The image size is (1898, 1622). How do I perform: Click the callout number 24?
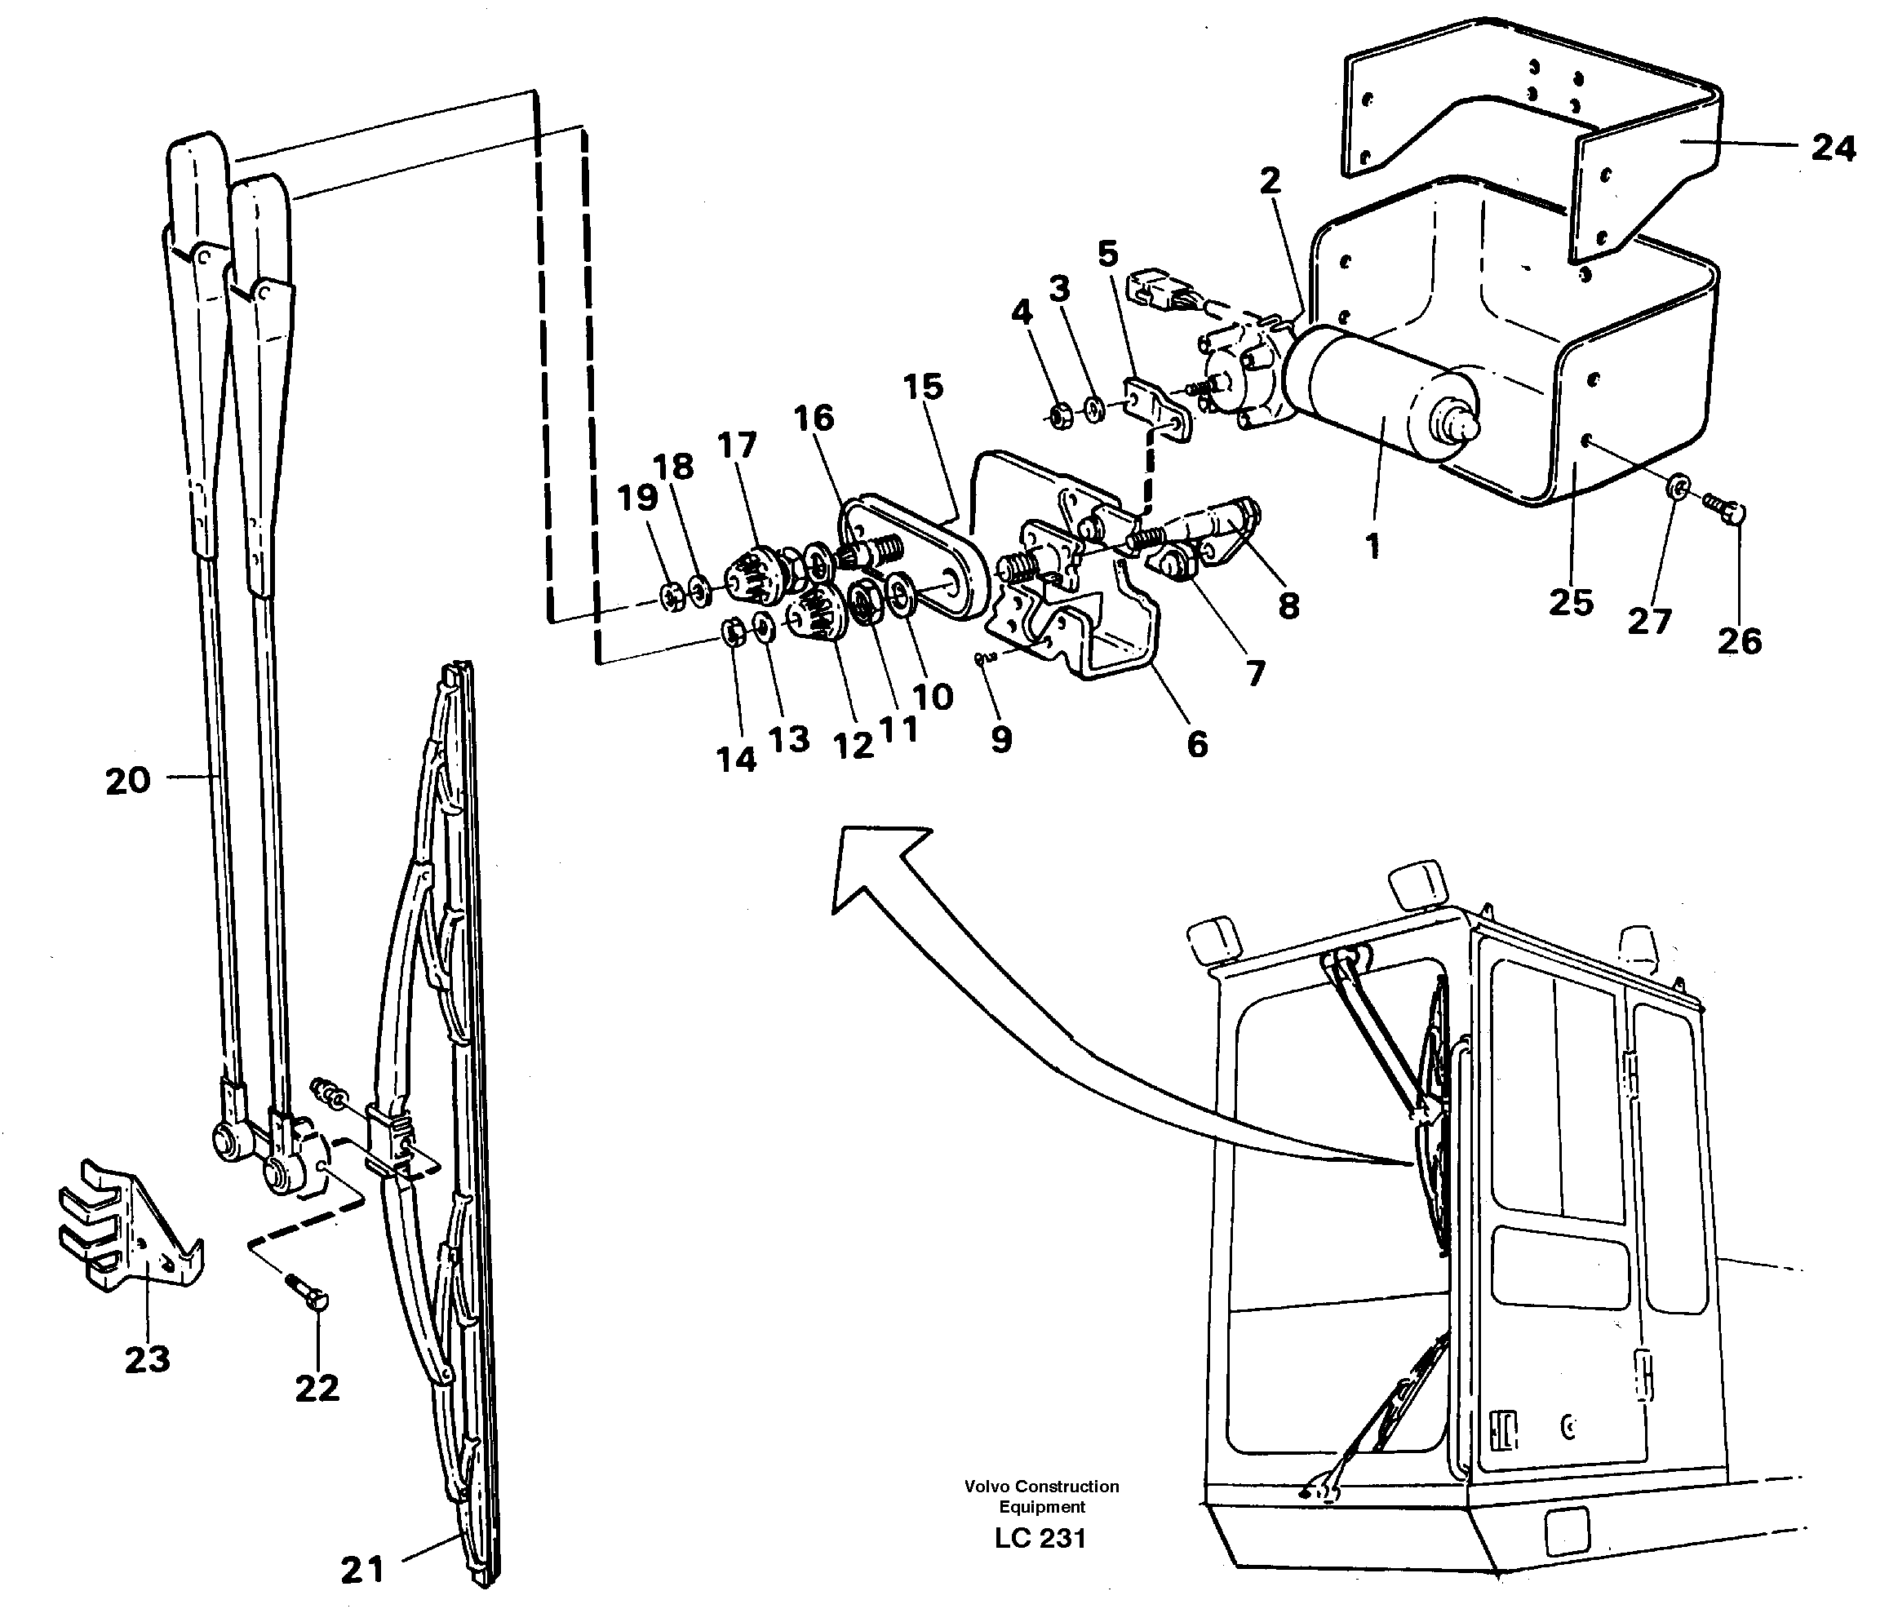coord(1833,148)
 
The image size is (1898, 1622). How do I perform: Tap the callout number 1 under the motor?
coord(1373,547)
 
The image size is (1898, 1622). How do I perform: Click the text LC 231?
coord(1040,1538)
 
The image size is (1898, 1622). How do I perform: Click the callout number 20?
coord(127,782)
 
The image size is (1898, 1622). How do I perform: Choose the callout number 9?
coord(1001,739)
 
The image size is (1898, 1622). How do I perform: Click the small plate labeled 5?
coord(1156,411)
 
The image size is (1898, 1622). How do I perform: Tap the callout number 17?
coord(737,445)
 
